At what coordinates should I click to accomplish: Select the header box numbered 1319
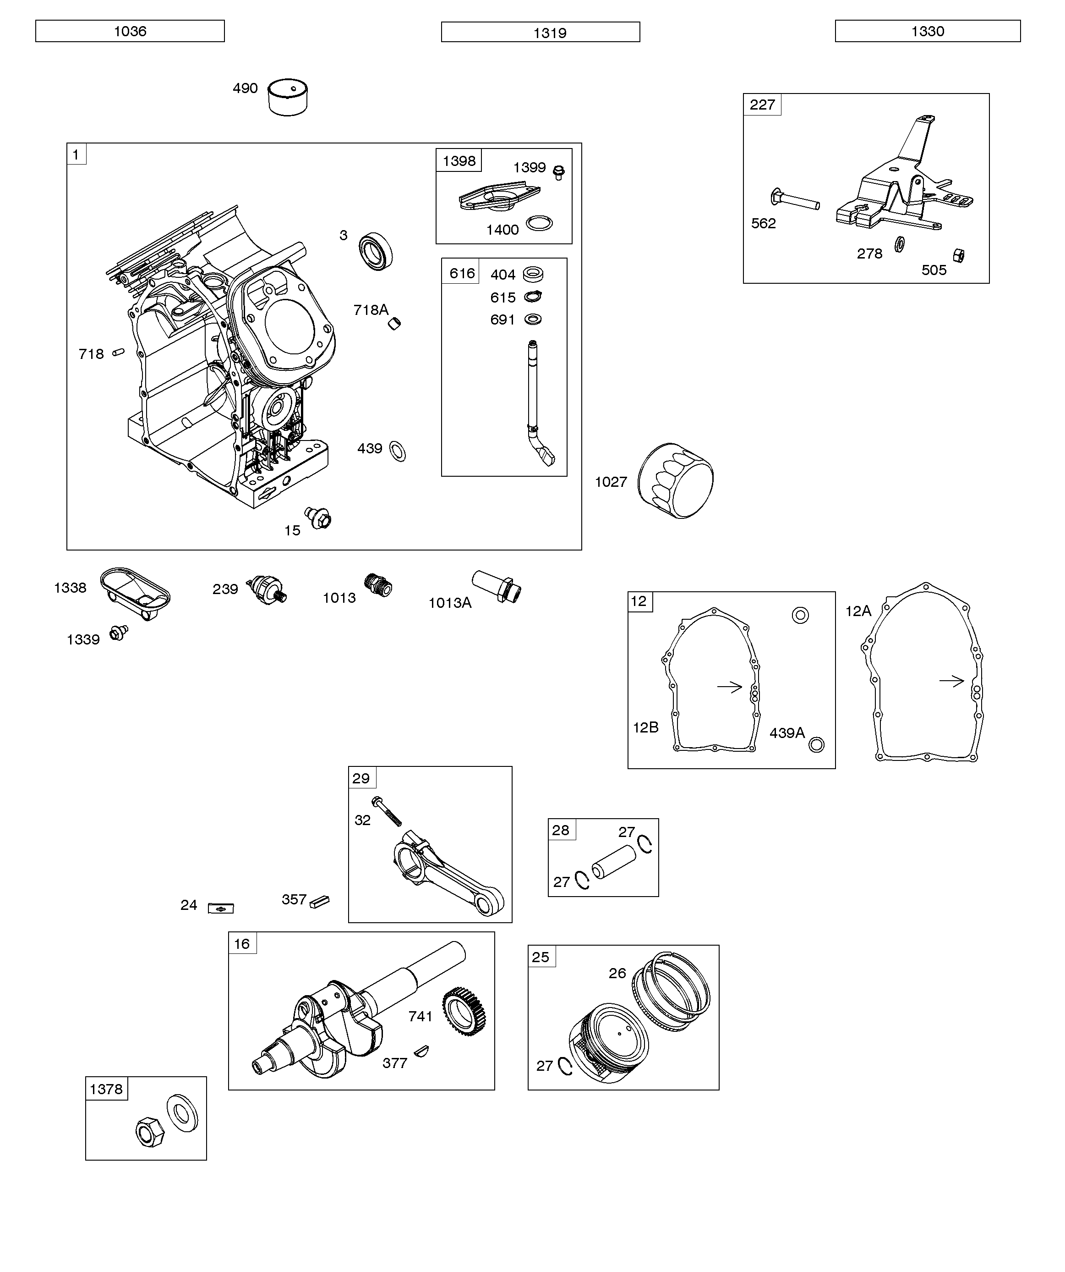pyautogui.click(x=540, y=32)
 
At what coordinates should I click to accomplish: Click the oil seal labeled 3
pyautogui.click(x=375, y=251)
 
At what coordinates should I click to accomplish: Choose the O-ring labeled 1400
pyautogui.click(x=539, y=224)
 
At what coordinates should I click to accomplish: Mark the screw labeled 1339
pyautogui.click(x=119, y=633)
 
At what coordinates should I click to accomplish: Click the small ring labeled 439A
pyautogui.click(x=816, y=744)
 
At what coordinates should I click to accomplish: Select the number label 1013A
pyautogui.click(x=450, y=603)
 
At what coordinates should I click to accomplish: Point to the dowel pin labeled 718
pyautogui.click(x=119, y=352)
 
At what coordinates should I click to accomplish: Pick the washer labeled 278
pyautogui.click(x=900, y=244)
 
